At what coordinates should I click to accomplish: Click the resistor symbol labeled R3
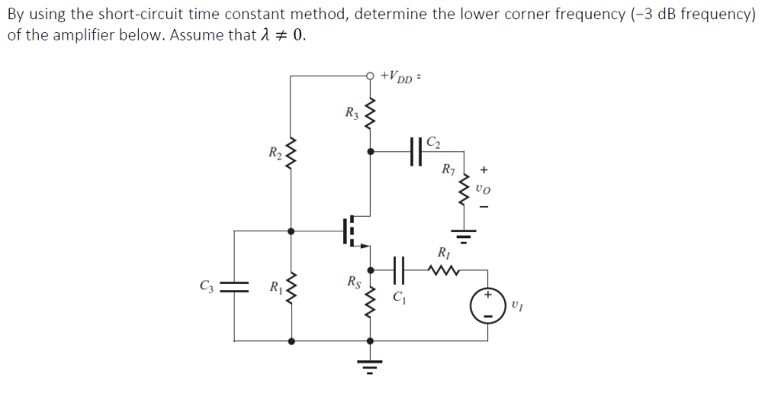click(371, 115)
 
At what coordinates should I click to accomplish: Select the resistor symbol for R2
click(290, 156)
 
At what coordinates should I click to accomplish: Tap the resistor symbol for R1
click(290, 288)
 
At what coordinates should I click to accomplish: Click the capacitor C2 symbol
click(416, 151)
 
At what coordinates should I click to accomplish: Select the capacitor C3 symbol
click(233, 286)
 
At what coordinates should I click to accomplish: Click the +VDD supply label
click(400, 76)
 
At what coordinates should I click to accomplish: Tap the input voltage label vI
click(518, 307)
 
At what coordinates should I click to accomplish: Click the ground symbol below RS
click(371, 366)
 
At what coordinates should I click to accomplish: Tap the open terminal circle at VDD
click(371, 76)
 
